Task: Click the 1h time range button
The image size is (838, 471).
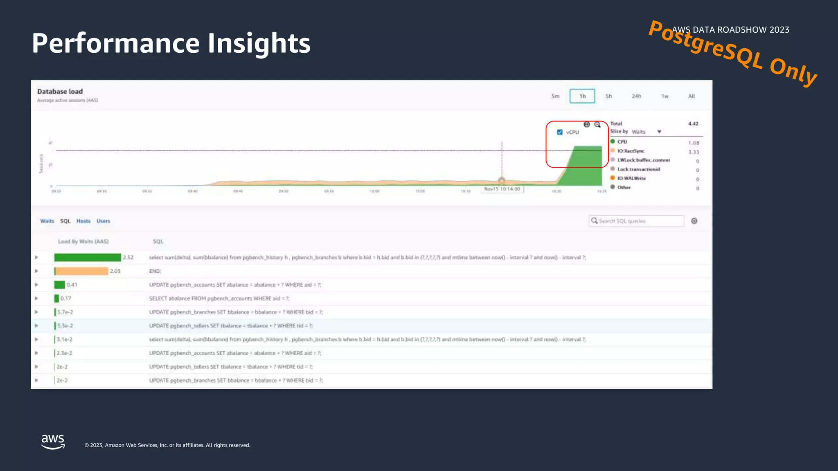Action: (x=582, y=96)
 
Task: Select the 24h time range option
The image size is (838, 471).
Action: (x=636, y=96)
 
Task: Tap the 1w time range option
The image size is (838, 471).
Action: (x=665, y=96)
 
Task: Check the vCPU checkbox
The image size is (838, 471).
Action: (x=560, y=132)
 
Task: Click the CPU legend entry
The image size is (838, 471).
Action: (x=622, y=142)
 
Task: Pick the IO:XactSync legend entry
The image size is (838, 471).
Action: (x=631, y=151)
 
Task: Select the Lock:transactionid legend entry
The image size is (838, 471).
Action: (x=638, y=169)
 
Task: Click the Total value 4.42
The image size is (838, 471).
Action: (x=693, y=123)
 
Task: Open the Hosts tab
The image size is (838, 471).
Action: (x=83, y=221)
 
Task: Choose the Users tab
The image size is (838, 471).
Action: (x=103, y=221)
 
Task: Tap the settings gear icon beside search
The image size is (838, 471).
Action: (x=694, y=221)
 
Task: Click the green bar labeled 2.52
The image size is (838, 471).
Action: (x=88, y=258)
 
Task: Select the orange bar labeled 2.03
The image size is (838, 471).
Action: (x=81, y=271)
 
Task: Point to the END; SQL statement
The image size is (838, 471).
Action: (x=155, y=271)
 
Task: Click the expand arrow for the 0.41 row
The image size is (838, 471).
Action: (x=36, y=285)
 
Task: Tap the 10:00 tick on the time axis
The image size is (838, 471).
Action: (x=374, y=191)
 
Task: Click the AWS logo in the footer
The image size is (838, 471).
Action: (x=53, y=442)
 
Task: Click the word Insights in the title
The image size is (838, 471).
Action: (x=259, y=43)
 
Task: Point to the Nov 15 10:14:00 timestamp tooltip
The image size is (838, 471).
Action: (x=502, y=189)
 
